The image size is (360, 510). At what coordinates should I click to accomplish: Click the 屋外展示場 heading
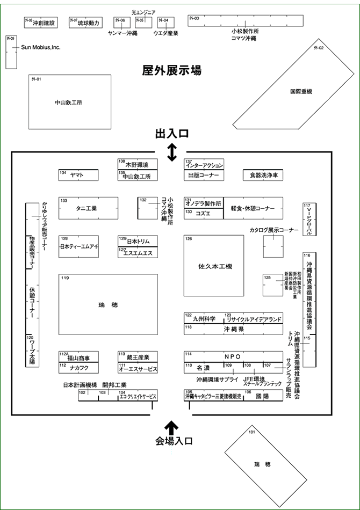click(x=172, y=70)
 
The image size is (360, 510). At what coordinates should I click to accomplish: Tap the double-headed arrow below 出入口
click(x=172, y=153)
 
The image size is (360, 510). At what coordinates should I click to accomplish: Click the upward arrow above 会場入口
click(x=172, y=428)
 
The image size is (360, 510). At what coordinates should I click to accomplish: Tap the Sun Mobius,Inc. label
click(x=40, y=48)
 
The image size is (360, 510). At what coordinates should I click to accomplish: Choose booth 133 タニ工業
click(x=88, y=208)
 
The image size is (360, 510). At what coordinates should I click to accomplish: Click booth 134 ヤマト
click(x=78, y=175)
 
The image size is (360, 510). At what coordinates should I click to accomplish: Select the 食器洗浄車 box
click(x=263, y=175)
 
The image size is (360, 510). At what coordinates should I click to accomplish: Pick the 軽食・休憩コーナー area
click(x=253, y=208)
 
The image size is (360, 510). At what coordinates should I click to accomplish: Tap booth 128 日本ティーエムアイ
click(x=78, y=246)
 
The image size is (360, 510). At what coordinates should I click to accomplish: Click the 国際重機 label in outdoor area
click(x=301, y=91)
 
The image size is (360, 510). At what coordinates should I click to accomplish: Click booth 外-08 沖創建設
click(x=40, y=23)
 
